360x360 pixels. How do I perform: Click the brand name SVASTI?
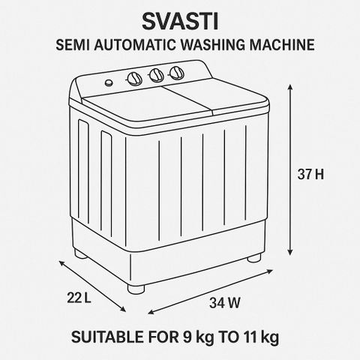(180, 21)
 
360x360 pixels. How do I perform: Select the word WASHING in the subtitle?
(213, 45)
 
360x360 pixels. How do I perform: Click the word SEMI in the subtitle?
(73, 45)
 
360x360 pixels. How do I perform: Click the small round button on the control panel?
(109, 82)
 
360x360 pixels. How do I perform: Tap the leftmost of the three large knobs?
(134, 79)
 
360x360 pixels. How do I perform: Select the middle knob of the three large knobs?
(157, 75)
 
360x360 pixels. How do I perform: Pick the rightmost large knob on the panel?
(177, 73)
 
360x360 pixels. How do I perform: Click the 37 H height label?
(310, 174)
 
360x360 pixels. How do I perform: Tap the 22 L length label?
(79, 298)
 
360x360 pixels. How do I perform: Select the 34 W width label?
(225, 303)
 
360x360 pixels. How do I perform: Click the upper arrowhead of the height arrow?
(290, 87)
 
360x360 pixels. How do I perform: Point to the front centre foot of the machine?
(136, 289)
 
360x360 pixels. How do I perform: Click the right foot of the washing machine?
(254, 258)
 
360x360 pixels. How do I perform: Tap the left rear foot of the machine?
(80, 253)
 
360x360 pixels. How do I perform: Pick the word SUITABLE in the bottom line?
(108, 337)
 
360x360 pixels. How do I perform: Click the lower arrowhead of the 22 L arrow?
(124, 310)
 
